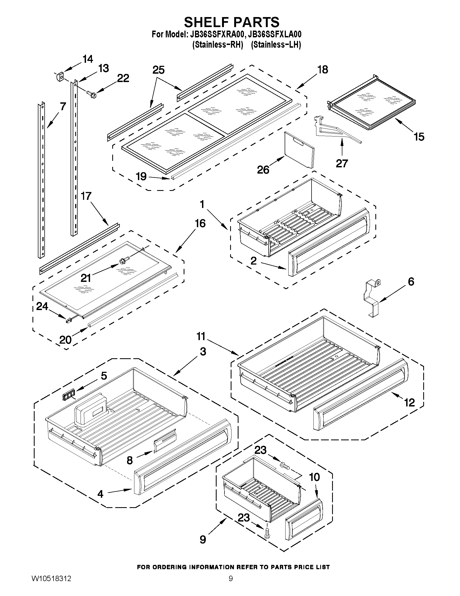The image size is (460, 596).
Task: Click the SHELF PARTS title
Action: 231,22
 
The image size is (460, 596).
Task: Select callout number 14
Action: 87,59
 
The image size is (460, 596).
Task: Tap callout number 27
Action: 342,164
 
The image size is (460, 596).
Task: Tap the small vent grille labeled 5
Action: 68,395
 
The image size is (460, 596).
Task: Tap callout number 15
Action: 419,137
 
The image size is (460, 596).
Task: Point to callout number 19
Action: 141,177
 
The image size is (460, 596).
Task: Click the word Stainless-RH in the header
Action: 217,44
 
